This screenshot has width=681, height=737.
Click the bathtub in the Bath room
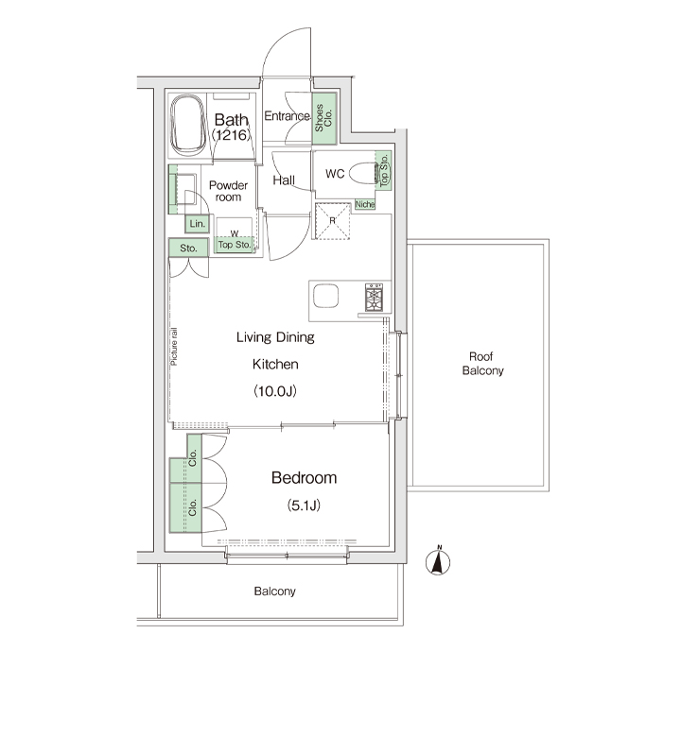pyautogui.click(x=188, y=124)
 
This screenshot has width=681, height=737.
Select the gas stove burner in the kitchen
pyautogui.click(x=375, y=298)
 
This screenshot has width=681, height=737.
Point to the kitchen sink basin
pyautogui.click(x=325, y=297)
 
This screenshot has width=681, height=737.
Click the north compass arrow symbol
pyautogui.click(x=438, y=561)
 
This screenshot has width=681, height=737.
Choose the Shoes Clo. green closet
pyautogui.click(x=324, y=118)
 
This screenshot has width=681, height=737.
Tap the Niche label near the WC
pyautogui.click(x=365, y=204)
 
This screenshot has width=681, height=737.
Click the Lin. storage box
pyautogui.click(x=197, y=224)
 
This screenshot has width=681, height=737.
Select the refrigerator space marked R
pyautogui.click(x=333, y=221)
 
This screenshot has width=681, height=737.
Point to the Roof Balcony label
pyautogui.click(x=482, y=364)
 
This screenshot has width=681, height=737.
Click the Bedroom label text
pyautogui.click(x=304, y=477)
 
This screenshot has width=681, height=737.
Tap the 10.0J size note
pyautogui.click(x=275, y=391)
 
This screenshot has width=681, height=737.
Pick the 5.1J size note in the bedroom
pyautogui.click(x=304, y=506)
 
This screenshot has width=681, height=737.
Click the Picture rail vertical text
pyautogui.click(x=174, y=347)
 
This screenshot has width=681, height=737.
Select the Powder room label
pyautogui.click(x=228, y=191)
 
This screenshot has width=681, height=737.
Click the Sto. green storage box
pyautogui.click(x=189, y=248)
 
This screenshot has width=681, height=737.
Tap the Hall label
pyautogui.click(x=284, y=180)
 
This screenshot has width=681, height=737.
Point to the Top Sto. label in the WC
pyautogui.click(x=384, y=170)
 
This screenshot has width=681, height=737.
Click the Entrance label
pyautogui.click(x=288, y=115)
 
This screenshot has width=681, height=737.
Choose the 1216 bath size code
pyautogui.click(x=231, y=135)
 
